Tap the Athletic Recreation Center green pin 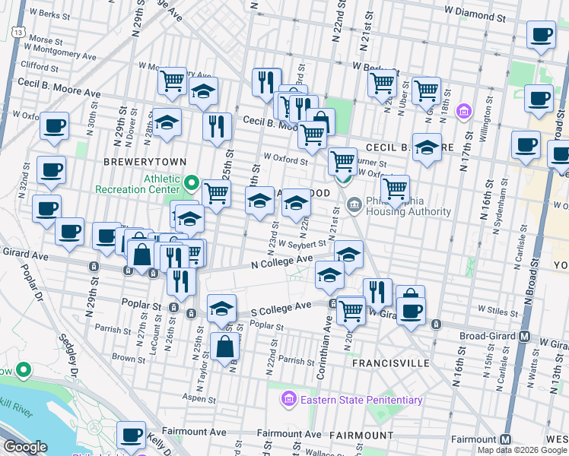[x=192, y=184]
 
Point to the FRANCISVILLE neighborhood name [x=391, y=363]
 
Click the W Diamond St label [x=475, y=15]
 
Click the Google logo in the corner [x=26, y=447]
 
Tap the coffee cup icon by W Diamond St [x=541, y=35]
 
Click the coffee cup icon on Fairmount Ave [x=132, y=436]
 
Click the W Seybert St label [x=302, y=245]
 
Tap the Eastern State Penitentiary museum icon [x=288, y=399]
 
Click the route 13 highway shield [x=16, y=31]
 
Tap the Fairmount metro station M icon [x=506, y=439]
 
